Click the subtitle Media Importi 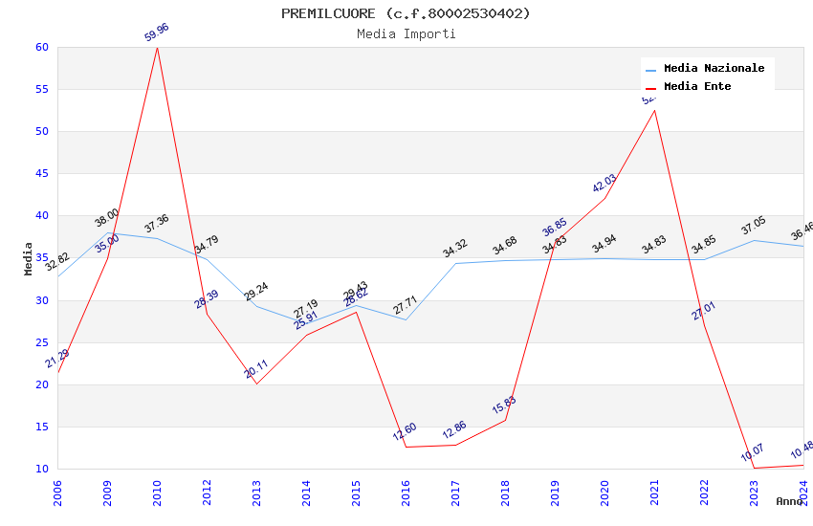[406, 33]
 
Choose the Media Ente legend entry [697, 87]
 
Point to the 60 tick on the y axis [41, 47]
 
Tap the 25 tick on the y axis [41, 342]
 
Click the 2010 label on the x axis [157, 493]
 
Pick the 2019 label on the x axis [555, 493]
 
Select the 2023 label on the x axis [754, 493]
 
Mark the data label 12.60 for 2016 [405, 431]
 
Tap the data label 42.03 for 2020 [604, 184]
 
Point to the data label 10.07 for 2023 [753, 452]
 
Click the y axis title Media [29, 258]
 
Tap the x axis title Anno [789, 501]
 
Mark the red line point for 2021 [654, 110]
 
